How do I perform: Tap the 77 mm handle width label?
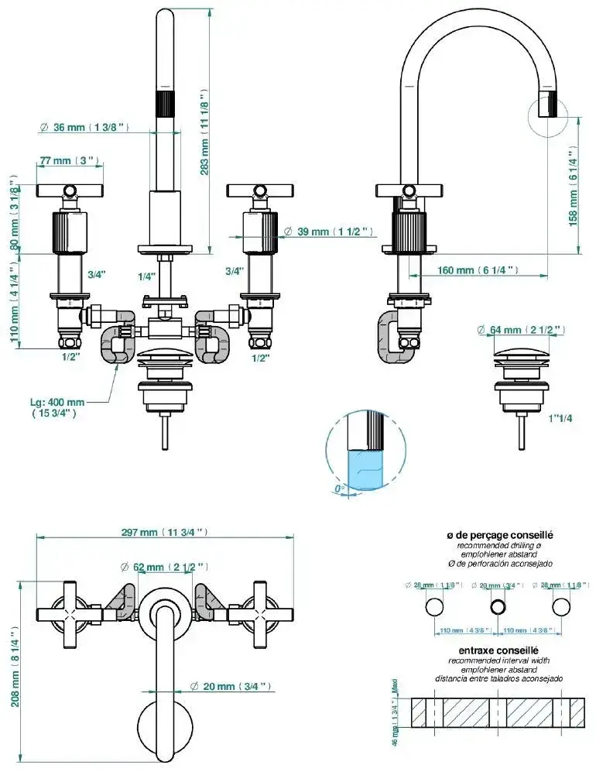(70, 160)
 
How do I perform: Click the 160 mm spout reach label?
(476, 270)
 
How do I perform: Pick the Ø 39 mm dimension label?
(329, 232)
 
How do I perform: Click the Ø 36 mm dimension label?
(87, 127)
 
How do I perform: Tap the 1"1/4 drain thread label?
(560, 419)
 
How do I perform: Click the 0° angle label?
(337, 489)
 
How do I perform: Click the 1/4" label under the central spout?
(146, 276)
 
